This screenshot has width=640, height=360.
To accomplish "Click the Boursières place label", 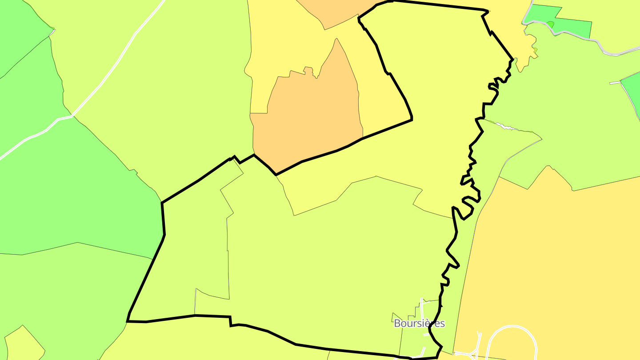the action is point(419,323).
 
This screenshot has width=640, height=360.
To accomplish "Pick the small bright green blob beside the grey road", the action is point(550,24).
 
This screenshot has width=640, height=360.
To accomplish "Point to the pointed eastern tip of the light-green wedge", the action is point(541,140).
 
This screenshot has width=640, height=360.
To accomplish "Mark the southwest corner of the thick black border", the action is point(128,320).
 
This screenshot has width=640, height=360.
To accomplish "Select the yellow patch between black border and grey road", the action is point(516,27).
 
